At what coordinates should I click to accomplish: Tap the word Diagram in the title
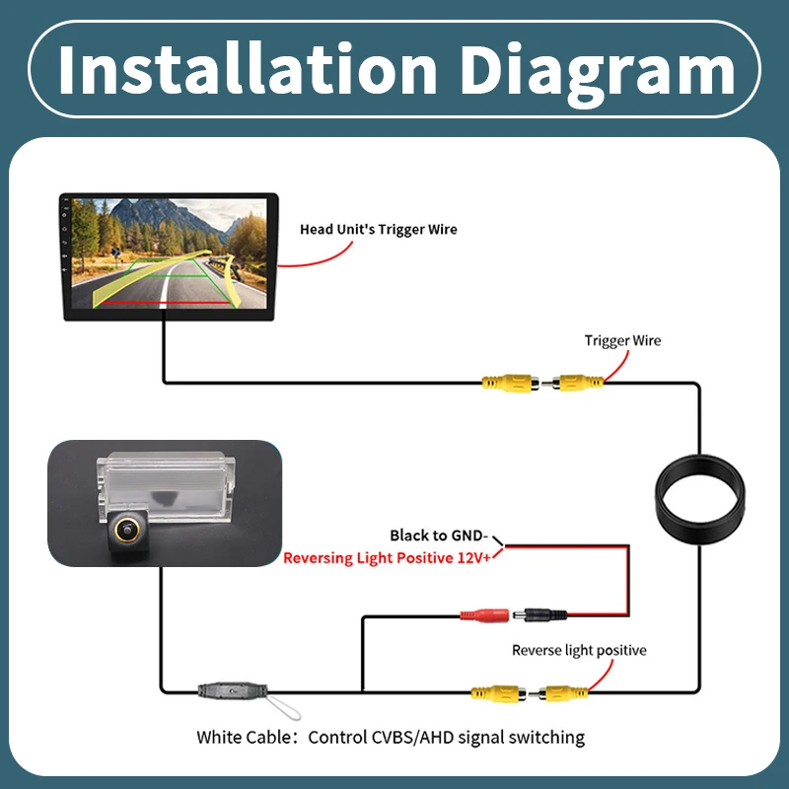point(598,71)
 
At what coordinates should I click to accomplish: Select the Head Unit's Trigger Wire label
point(379,230)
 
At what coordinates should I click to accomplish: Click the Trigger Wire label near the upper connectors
point(622,340)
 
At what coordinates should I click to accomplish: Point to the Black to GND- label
point(439,536)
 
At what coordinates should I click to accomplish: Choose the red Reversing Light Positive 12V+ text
point(387,558)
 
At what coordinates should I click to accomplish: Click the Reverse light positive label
point(579,650)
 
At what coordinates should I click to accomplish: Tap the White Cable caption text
point(391,737)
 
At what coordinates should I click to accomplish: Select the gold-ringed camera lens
point(127,530)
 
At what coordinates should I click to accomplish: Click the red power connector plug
point(484,614)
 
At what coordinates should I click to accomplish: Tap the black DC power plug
point(539,614)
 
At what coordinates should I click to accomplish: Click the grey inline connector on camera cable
point(233,691)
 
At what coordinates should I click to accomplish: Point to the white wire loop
point(283,707)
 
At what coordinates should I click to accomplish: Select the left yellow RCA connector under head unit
point(510,384)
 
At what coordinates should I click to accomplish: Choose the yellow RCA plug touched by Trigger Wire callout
point(578,384)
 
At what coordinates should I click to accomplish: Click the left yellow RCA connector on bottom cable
point(498,693)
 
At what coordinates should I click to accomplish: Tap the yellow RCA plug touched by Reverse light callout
point(562,693)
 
